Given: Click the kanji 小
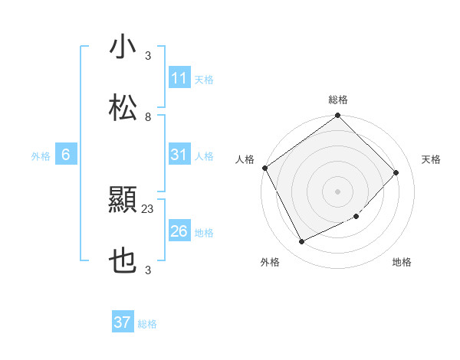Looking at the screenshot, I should (123, 47).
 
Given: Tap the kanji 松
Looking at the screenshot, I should (123, 108).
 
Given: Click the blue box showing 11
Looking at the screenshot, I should (179, 78).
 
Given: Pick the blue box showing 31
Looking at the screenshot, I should (179, 155).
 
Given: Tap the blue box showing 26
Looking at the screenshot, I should (179, 231).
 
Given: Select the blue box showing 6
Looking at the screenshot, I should (66, 155).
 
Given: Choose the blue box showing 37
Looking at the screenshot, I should (123, 322).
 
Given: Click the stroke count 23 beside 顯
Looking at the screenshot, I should (148, 208).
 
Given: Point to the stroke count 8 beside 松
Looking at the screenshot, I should (148, 116).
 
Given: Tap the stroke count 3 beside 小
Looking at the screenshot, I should (148, 56).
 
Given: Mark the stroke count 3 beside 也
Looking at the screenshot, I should (148, 270).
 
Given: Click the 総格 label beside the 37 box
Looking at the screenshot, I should (147, 324).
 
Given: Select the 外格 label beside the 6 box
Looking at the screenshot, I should (41, 156).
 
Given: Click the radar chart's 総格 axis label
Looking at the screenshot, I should (338, 100).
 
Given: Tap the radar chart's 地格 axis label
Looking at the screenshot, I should (402, 263).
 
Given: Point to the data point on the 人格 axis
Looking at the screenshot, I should (264, 168).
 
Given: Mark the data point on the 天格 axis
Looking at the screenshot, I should (396, 172).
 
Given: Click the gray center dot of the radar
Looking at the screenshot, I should (337, 191).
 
